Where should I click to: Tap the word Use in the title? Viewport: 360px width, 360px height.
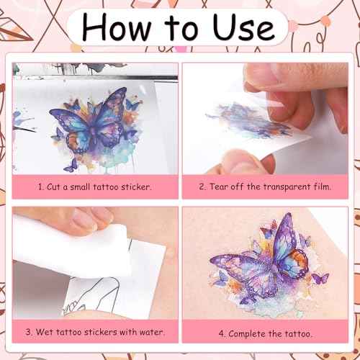click(x=243, y=27)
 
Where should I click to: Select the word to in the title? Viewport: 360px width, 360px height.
click(x=181, y=29)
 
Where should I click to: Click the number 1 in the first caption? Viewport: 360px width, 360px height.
click(x=41, y=186)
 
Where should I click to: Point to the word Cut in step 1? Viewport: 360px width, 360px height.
click(x=53, y=186)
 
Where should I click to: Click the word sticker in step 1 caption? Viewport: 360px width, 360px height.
click(x=136, y=186)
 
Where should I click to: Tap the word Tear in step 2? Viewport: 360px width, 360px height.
click(x=219, y=186)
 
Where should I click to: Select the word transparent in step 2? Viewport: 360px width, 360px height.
click(x=287, y=187)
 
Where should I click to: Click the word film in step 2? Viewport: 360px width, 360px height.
click(x=323, y=186)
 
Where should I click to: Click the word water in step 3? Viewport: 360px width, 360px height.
click(x=152, y=332)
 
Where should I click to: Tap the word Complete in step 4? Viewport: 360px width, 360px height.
click(x=247, y=334)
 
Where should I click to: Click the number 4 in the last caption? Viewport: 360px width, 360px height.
click(x=222, y=334)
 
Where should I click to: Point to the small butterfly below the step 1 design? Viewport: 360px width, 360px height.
click(x=71, y=166)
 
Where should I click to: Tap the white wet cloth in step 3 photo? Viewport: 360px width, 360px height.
click(x=72, y=250)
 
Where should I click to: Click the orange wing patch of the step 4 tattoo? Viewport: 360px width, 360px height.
click(x=300, y=261)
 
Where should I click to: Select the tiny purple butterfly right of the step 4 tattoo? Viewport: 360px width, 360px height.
click(x=320, y=279)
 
